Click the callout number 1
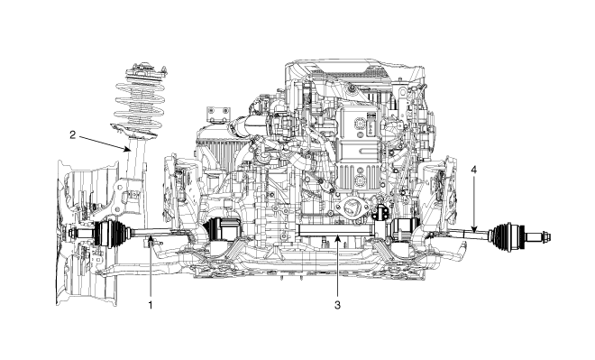pos(151,305)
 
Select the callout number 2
pos(73,134)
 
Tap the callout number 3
pos(337,305)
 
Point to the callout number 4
pos(473,170)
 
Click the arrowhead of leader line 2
pos(127,149)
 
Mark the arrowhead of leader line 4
pos(473,228)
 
